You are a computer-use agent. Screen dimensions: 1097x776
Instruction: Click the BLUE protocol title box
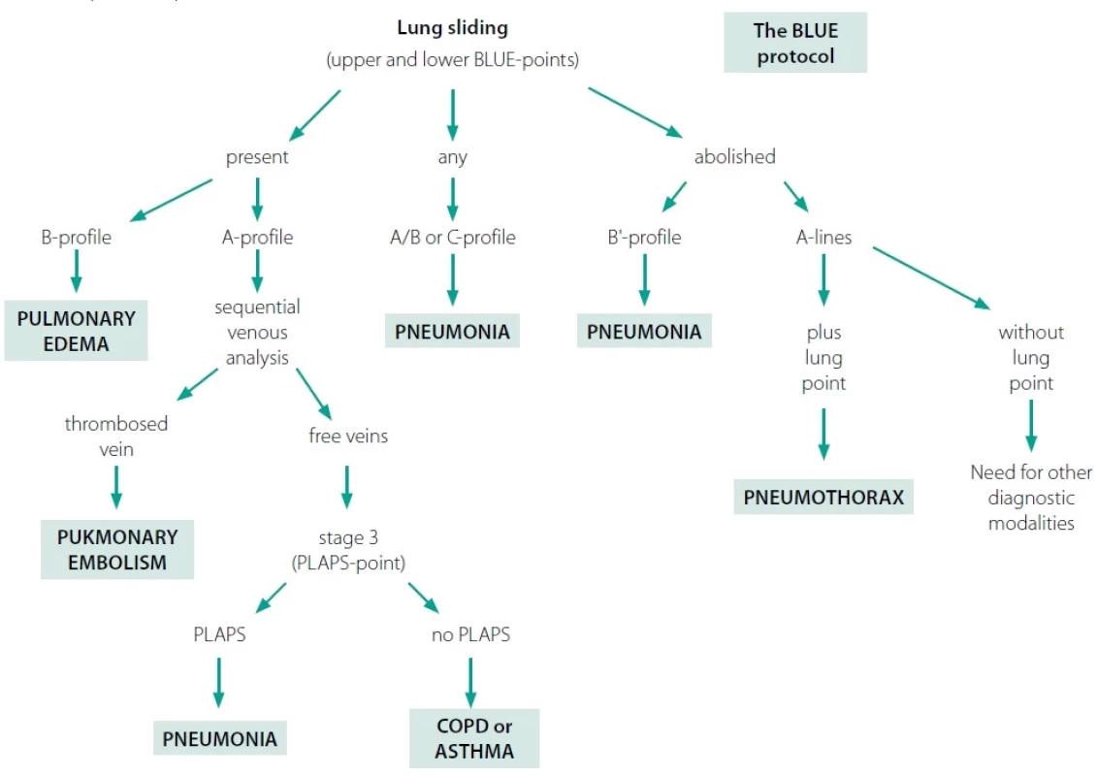click(795, 43)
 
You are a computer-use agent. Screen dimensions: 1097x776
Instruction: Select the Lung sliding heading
click(453, 28)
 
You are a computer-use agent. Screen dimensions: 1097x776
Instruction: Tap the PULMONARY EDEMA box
click(77, 331)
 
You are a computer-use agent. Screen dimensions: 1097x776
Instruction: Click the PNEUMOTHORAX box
click(823, 497)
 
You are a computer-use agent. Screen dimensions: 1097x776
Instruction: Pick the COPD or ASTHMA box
click(474, 738)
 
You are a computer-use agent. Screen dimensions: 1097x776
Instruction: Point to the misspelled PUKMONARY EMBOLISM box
click(117, 549)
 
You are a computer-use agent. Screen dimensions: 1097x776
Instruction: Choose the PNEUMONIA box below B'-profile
click(644, 331)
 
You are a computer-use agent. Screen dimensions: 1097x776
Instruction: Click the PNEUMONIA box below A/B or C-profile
click(452, 331)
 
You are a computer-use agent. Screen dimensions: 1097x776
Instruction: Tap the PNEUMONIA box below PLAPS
click(219, 738)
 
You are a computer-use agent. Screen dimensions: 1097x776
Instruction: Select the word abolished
click(734, 156)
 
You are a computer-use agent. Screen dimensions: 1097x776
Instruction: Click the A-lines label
click(824, 238)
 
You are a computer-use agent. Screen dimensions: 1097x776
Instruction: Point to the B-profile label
click(77, 238)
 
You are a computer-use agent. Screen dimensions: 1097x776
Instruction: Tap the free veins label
click(348, 436)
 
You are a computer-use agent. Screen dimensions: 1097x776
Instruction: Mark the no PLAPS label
click(470, 634)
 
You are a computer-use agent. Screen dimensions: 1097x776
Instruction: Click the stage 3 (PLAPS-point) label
click(348, 550)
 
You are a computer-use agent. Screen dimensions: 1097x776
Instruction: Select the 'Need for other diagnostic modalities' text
click(1031, 498)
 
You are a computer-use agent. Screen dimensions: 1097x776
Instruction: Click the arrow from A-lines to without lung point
click(931, 277)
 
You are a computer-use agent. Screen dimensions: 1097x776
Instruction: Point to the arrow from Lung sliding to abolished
click(635, 112)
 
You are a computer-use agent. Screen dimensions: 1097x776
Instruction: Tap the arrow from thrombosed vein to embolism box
click(116, 487)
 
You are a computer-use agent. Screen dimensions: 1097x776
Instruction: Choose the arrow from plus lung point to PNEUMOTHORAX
click(823, 434)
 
